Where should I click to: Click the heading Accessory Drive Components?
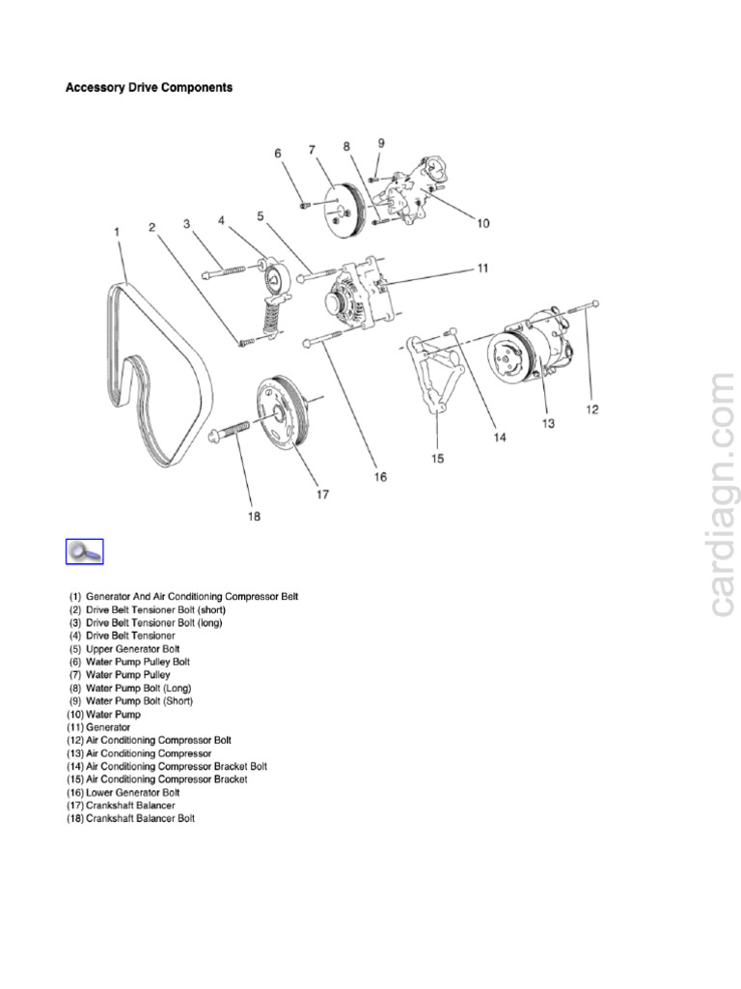pyautogui.click(x=149, y=88)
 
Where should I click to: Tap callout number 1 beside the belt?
pyautogui.click(x=117, y=232)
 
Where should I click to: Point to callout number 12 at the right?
pyautogui.click(x=592, y=410)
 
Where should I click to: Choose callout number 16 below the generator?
pyautogui.click(x=380, y=477)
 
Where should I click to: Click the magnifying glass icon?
pyautogui.click(x=84, y=552)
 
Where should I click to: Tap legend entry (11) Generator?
pyautogui.click(x=98, y=726)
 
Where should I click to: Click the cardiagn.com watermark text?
pyautogui.click(x=723, y=494)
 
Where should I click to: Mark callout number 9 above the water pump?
pyautogui.click(x=380, y=143)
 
